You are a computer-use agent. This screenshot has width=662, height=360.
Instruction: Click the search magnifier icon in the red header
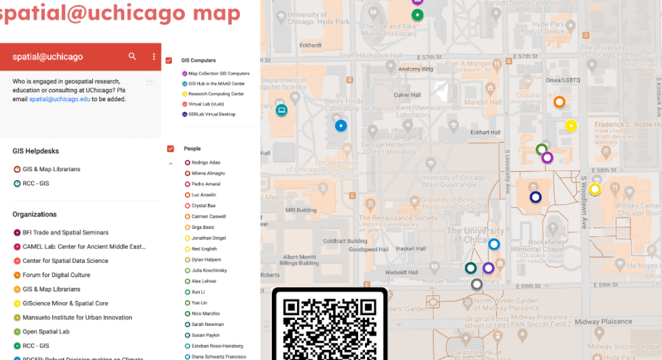coord(132,57)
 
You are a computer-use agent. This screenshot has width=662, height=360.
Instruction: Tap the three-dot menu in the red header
coord(154,57)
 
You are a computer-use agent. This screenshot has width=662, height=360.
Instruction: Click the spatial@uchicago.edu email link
coord(60,99)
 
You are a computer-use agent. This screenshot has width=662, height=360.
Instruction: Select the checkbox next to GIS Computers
coord(169,60)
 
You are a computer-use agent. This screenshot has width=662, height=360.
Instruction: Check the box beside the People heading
coord(171,148)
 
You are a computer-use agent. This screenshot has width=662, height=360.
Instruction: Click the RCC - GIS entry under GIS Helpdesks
coord(36,184)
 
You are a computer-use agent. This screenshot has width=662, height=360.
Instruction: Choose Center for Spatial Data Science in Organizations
coord(65,261)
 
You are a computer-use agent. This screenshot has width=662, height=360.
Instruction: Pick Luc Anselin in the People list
coord(203,195)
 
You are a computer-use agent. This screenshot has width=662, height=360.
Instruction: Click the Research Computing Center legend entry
coord(216,94)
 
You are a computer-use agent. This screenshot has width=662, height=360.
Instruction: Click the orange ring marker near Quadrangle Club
coord(559,102)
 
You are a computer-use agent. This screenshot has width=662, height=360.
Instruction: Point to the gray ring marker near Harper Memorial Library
coord(476,284)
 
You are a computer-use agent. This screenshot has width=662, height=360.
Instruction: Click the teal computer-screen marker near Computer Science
coord(281,110)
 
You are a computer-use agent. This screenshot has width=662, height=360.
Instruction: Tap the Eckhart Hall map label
coord(485,132)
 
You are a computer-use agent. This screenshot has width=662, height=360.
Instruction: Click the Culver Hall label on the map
coord(407,95)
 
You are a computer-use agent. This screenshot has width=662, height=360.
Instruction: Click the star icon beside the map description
coord(150,82)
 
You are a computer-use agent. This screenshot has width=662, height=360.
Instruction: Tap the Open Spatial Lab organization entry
coord(46,332)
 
